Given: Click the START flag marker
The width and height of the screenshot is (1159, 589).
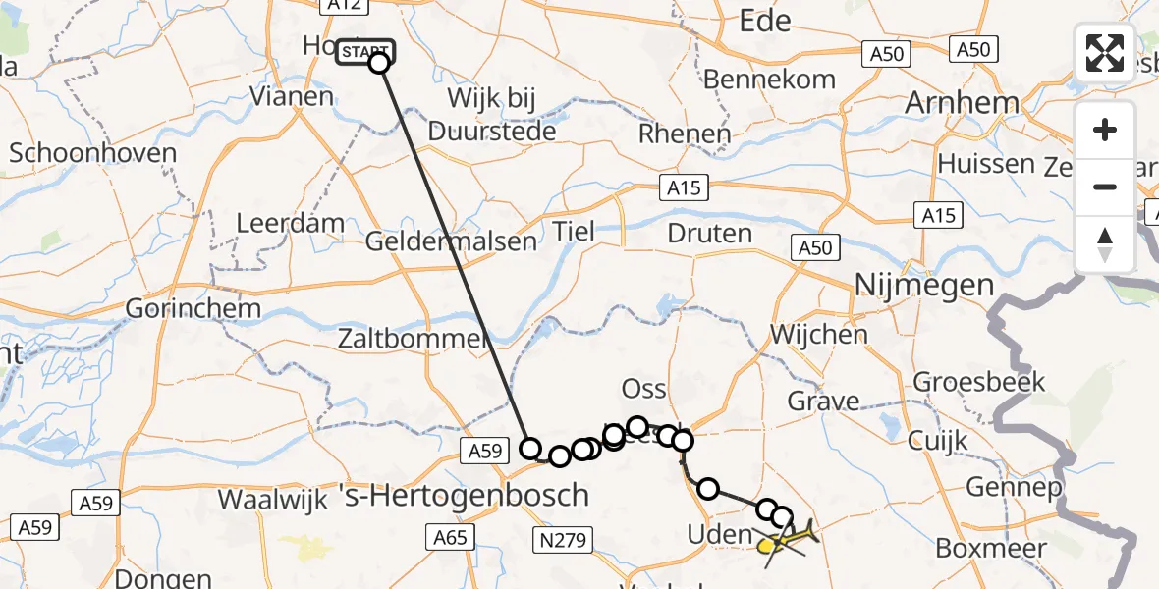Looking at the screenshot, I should coord(364,52).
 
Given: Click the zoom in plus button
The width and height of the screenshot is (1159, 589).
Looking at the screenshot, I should coord(1105,131).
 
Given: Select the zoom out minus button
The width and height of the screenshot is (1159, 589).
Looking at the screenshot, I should coord(1105,187).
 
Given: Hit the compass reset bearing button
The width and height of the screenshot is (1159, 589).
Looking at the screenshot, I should coord(1105,243).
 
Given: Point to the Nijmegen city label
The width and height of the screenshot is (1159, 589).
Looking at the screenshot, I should coord(924,286).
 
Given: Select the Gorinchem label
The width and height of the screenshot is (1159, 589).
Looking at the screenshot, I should coord(193,308).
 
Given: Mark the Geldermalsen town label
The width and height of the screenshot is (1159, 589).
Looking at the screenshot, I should coord(452,241).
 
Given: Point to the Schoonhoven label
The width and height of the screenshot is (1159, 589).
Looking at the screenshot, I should coord(92,153).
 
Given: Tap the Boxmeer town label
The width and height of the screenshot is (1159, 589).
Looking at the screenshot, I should coord(988,547).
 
